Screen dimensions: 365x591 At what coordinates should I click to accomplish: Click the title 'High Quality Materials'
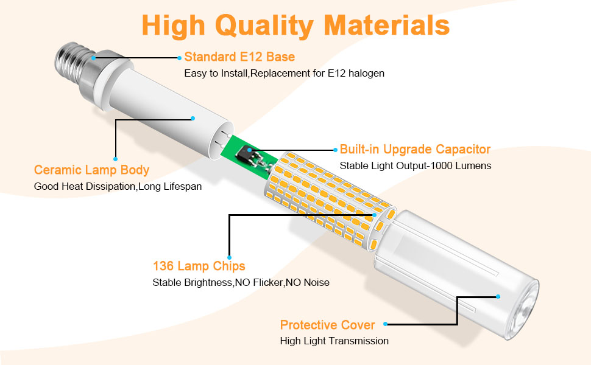pyautogui.click(x=295, y=26)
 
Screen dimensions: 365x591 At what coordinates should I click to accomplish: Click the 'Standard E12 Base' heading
pyautogui.click(x=239, y=57)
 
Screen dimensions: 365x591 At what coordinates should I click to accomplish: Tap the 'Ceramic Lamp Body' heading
pyautogui.click(x=91, y=170)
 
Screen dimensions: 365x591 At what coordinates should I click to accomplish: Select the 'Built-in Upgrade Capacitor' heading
pyautogui.click(x=415, y=150)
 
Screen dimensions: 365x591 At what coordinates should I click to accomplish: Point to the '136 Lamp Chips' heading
pyautogui.click(x=199, y=266)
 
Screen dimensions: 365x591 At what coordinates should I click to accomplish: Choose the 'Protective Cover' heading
pyautogui.click(x=327, y=325)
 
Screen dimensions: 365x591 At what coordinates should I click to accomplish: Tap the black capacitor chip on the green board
pyautogui.click(x=250, y=151)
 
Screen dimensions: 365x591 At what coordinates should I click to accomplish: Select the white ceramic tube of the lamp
pyautogui.click(x=165, y=109)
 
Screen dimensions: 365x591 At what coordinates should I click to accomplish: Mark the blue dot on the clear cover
pyautogui.click(x=498, y=296)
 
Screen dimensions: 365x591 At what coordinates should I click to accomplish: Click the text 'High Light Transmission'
pyautogui.click(x=334, y=341)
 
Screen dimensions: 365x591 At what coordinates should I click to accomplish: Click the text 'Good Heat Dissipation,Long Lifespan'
pyautogui.click(x=118, y=186)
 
